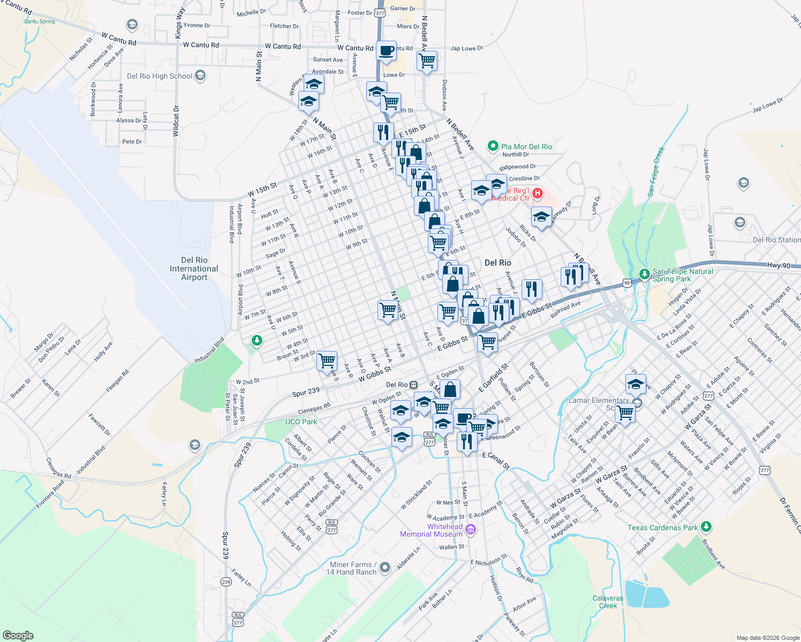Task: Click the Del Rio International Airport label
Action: coord(194,269)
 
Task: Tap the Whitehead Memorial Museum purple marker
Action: coord(471,530)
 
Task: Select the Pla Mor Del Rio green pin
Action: coord(493,146)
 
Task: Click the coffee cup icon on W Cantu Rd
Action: coord(386,51)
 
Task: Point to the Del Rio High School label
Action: coord(160,76)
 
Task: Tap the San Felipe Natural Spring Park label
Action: coord(683,275)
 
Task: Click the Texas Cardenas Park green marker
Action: coord(706,527)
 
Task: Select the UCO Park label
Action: coord(301,422)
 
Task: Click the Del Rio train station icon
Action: coord(413,385)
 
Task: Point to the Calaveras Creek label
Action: coord(608,602)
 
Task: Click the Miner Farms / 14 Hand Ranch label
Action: coord(351,568)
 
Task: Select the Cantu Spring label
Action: coord(39,21)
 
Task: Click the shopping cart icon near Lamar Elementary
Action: coord(625,412)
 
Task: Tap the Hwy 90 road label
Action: coord(779,265)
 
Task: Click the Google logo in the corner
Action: coord(18,635)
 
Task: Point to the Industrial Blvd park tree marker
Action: coord(257,340)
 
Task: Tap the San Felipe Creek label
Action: coord(656,171)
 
